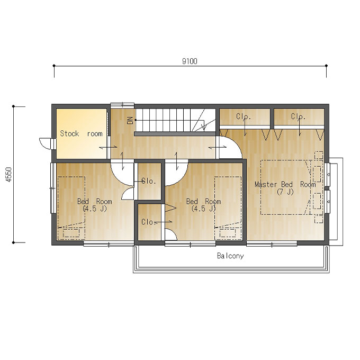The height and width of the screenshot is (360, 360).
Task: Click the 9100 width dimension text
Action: [190, 61]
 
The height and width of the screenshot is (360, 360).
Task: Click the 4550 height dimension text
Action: [8, 175]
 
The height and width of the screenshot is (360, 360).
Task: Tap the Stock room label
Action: [82, 133]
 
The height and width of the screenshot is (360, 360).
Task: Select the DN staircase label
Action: [130, 120]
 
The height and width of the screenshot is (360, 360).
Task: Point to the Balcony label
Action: [230, 256]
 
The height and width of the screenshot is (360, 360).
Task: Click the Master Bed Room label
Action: [285, 184]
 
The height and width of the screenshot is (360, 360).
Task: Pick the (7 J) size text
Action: [285, 192]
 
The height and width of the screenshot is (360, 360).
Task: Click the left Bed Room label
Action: [95, 201]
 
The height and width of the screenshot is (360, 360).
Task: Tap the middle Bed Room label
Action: [204, 201]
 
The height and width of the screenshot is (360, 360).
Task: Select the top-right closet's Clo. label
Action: [298, 116]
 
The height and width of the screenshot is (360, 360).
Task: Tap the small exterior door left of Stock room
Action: [46, 143]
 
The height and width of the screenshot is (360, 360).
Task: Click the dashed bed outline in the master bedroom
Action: [286, 187]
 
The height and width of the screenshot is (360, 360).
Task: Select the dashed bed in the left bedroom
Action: [71, 208]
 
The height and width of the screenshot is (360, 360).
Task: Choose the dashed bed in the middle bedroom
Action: [228, 208]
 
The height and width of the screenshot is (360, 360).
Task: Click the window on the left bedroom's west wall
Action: [52, 188]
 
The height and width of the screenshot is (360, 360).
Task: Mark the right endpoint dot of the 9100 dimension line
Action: [326, 66]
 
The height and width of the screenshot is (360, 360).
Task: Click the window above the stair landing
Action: [122, 105]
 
